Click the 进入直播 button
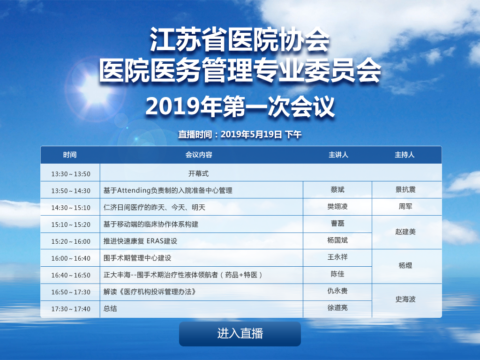(x=240, y=334)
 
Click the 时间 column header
(x=70, y=155)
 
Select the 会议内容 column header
(x=199, y=155)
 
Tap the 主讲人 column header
(x=338, y=155)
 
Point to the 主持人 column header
(x=405, y=155)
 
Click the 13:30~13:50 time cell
(x=71, y=174)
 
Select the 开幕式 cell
(x=198, y=173)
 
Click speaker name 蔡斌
(x=337, y=190)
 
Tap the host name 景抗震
(x=405, y=190)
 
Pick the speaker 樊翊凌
(x=337, y=207)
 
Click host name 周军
(x=405, y=207)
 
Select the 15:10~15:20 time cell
(x=71, y=225)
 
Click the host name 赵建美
(x=405, y=232)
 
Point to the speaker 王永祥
(x=337, y=257)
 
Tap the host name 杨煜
(x=405, y=265)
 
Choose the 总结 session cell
(x=110, y=308)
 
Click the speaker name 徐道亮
(x=337, y=307)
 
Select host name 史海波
(x=405, y=299)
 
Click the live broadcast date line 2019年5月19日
(x=251, y=135)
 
